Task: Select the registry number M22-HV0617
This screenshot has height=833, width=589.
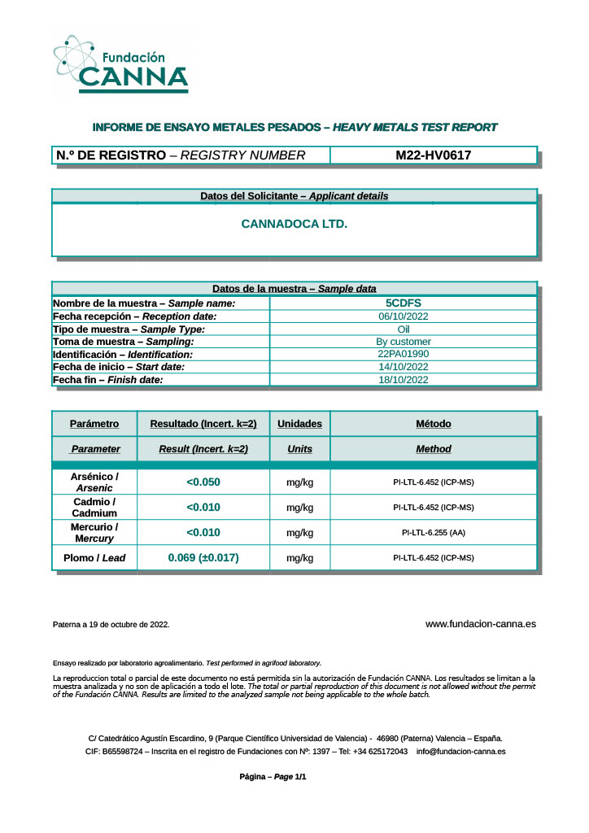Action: (434, 155)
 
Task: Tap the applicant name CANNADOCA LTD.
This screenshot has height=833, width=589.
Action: (294, 223)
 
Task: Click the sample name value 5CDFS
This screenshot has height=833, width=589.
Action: (404, 303)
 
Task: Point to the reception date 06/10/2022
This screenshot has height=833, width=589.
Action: (404, 316)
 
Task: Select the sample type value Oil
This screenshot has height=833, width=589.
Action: (404, 329)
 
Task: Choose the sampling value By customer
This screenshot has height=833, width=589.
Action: (404, 342)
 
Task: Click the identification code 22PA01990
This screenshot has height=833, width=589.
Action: (404, 354)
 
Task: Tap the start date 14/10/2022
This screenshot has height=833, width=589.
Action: (404, 367)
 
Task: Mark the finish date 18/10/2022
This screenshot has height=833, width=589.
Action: (404, 380)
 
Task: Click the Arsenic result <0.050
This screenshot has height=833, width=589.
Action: (203, 482)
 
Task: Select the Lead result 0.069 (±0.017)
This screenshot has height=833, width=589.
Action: (203, 558)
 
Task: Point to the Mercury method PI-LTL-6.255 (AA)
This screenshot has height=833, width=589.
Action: (434, 533)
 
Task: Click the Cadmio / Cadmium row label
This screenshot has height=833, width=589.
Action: (94, 508)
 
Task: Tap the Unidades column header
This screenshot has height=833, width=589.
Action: (299, 424)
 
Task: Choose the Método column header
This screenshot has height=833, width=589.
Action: (434, 424)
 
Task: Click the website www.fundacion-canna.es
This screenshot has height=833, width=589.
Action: (481, 624)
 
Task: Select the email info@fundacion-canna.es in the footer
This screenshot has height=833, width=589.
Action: (461, 751)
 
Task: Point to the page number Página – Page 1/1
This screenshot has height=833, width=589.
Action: (273, 777)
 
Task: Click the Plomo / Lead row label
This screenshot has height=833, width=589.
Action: (94, 558)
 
